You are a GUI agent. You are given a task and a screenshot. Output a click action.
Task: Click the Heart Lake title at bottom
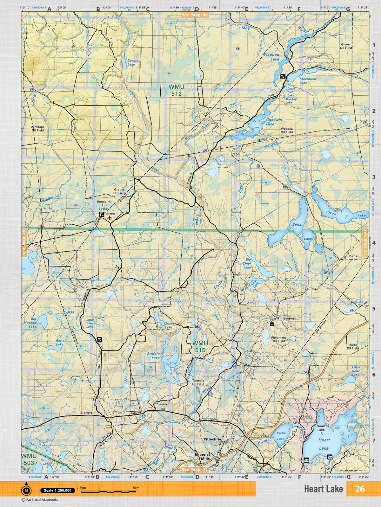click(323, 489)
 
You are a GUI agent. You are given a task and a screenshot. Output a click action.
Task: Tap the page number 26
click(360, 489)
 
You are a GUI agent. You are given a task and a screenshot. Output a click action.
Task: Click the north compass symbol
click(26, 490)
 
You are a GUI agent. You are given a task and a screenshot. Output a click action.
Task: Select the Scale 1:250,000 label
click(57, 491)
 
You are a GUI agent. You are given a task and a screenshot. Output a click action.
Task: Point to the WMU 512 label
click(176, 90)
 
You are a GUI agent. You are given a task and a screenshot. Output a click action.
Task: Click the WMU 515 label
click(200, 347)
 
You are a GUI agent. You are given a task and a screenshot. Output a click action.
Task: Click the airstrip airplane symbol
click(110, 218)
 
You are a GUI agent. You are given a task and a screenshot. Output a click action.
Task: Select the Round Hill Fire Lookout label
click(104, 205)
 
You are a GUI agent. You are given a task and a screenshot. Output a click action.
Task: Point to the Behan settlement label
click(354, 256)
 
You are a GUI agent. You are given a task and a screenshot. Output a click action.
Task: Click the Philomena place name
click(286, 318)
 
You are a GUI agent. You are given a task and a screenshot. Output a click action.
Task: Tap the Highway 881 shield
click(301, 386)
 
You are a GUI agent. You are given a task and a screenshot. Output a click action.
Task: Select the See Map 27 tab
click(365, 242)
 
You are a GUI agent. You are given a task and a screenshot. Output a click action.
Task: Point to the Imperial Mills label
click(202, 456)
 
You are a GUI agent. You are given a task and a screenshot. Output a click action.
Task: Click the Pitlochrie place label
click(212, 439)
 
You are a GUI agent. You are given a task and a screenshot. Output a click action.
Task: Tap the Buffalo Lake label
click(153, 356)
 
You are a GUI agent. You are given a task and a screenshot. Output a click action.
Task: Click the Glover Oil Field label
click(346, 46)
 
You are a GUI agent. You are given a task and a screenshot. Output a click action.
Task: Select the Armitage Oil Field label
click(38, 128)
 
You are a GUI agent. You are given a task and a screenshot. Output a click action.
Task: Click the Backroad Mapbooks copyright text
click(40, 500)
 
